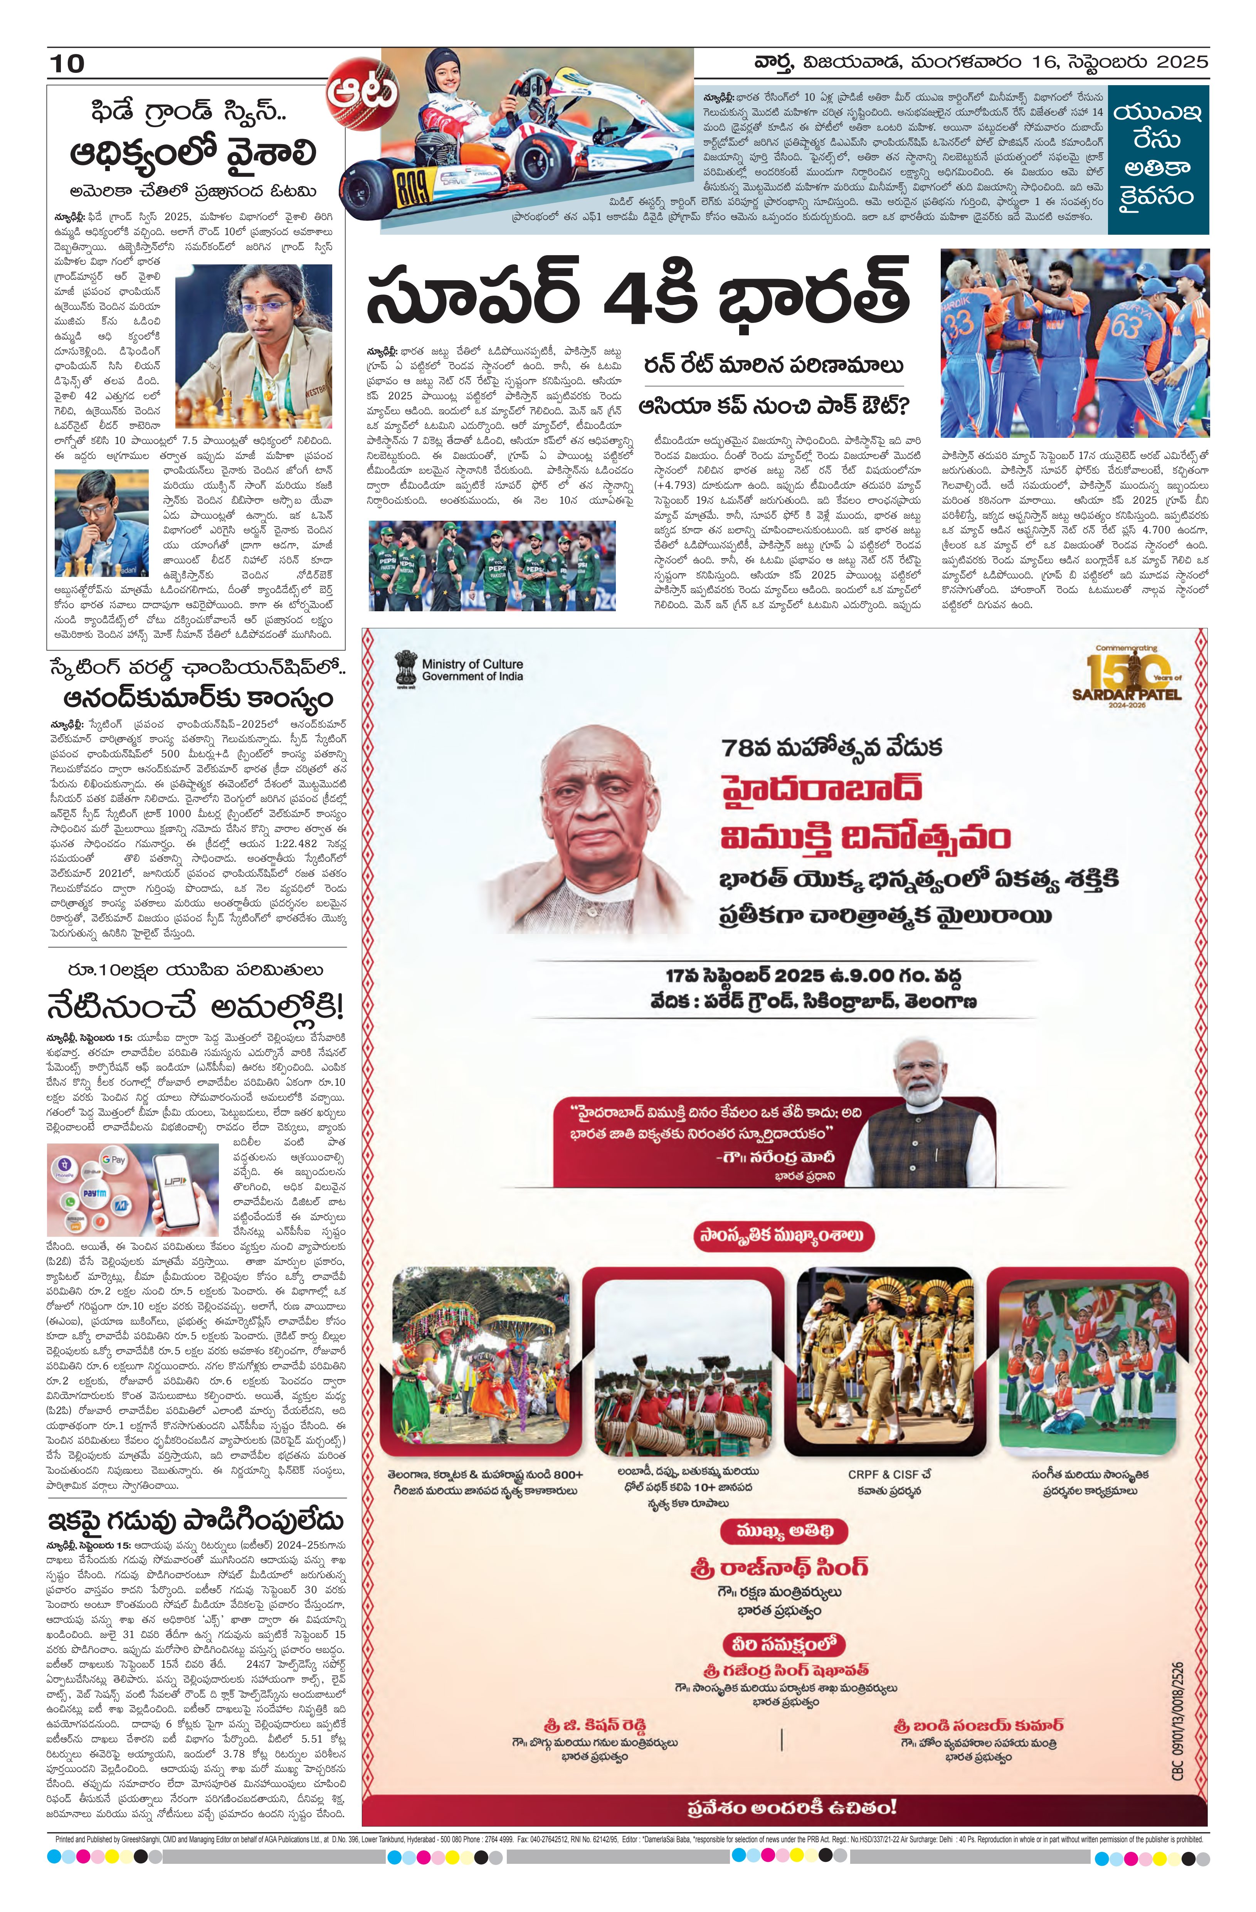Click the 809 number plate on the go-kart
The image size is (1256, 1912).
[x=412, y=191]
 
